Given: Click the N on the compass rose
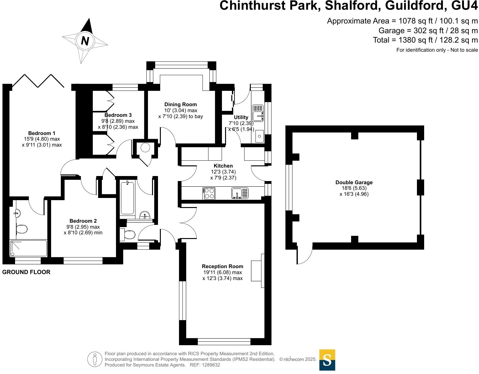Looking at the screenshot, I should click(85, 41).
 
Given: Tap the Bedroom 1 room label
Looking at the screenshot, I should click(42, 133).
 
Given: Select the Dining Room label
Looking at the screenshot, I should click(181, 104).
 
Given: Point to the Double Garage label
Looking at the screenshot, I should click(354, 182).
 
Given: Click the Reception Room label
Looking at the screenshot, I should click(223, 266).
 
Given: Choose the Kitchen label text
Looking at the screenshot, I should click(223, 166).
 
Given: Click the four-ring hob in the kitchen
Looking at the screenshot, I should click(209, 193).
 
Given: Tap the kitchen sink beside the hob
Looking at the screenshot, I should click(240, 193).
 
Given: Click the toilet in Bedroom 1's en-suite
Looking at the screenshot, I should click(22, 229).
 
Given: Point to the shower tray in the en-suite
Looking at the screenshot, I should click(29, 248).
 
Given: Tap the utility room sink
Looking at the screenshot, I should click(258, 113).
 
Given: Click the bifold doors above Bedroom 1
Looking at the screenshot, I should click(38, 81).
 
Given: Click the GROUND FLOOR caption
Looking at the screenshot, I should click(26, 272).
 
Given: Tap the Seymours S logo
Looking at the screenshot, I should click(327, 360).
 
